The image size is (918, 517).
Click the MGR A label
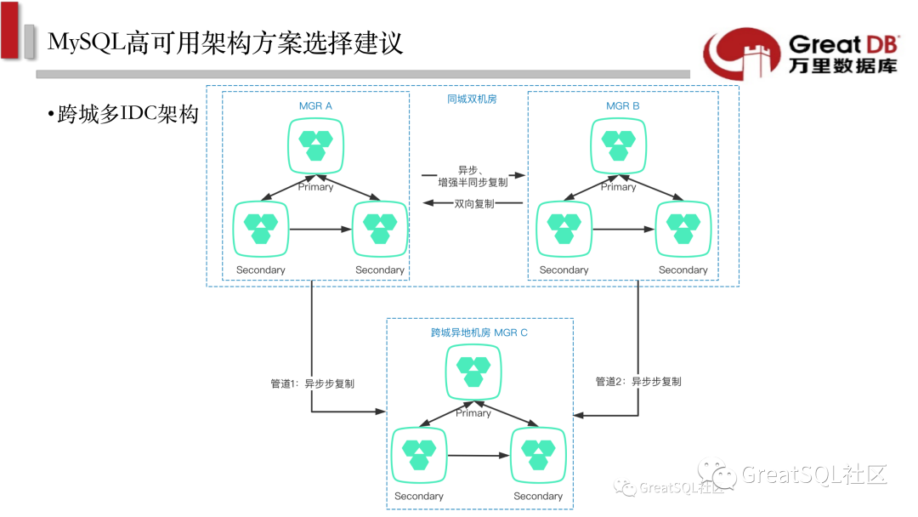315,105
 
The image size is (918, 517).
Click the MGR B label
623,105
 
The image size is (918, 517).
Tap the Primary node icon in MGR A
315,144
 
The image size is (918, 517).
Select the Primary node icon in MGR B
618,144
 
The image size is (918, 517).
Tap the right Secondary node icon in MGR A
380,227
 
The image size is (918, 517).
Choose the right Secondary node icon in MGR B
683,227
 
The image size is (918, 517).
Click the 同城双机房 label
472,99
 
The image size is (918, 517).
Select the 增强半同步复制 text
473,182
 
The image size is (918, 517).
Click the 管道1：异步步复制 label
312,383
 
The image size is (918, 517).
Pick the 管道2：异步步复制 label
638,382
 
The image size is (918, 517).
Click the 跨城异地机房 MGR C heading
479,332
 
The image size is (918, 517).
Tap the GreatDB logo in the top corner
799,53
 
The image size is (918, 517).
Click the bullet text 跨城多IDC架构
127,115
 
